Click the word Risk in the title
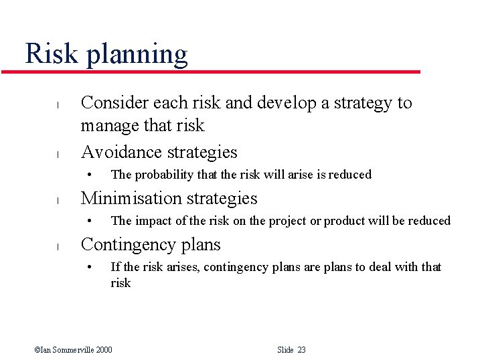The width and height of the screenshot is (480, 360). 52,54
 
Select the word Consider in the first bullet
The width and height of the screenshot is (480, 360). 114,103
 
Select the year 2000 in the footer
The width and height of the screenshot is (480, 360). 103,350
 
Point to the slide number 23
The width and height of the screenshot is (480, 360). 301,350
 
